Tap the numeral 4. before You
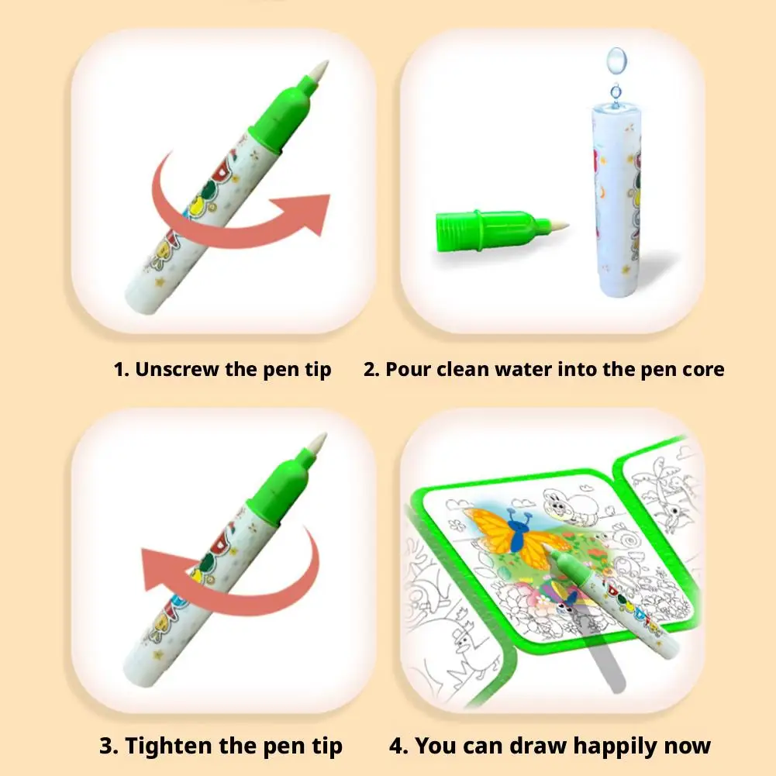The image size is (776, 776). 398,747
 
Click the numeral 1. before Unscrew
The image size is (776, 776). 122,369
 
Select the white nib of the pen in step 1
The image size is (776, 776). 318,72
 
